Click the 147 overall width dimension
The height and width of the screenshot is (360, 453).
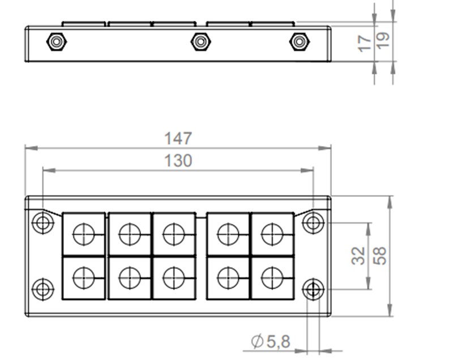178,138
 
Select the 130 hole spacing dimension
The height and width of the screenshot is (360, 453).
178,161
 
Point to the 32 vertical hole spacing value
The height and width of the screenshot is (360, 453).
358,256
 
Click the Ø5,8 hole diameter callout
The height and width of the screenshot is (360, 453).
270,341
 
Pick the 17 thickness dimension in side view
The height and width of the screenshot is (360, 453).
366,42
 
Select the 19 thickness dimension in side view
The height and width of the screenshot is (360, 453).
383,40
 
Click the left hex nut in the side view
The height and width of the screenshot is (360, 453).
56,42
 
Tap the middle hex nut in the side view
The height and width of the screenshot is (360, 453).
200,42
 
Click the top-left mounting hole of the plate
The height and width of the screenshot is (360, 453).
42,223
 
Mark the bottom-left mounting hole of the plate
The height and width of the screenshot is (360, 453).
42,289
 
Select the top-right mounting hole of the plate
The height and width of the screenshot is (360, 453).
313,223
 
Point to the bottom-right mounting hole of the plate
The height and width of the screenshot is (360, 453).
313,290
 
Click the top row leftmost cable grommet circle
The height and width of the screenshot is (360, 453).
84,234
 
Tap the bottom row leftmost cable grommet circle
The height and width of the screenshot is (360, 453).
84,277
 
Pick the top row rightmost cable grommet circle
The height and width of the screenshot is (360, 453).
272,234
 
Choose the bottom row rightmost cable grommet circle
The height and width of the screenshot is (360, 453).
272,277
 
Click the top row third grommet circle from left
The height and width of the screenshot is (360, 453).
173,234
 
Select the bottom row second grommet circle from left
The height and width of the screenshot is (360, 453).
129,277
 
